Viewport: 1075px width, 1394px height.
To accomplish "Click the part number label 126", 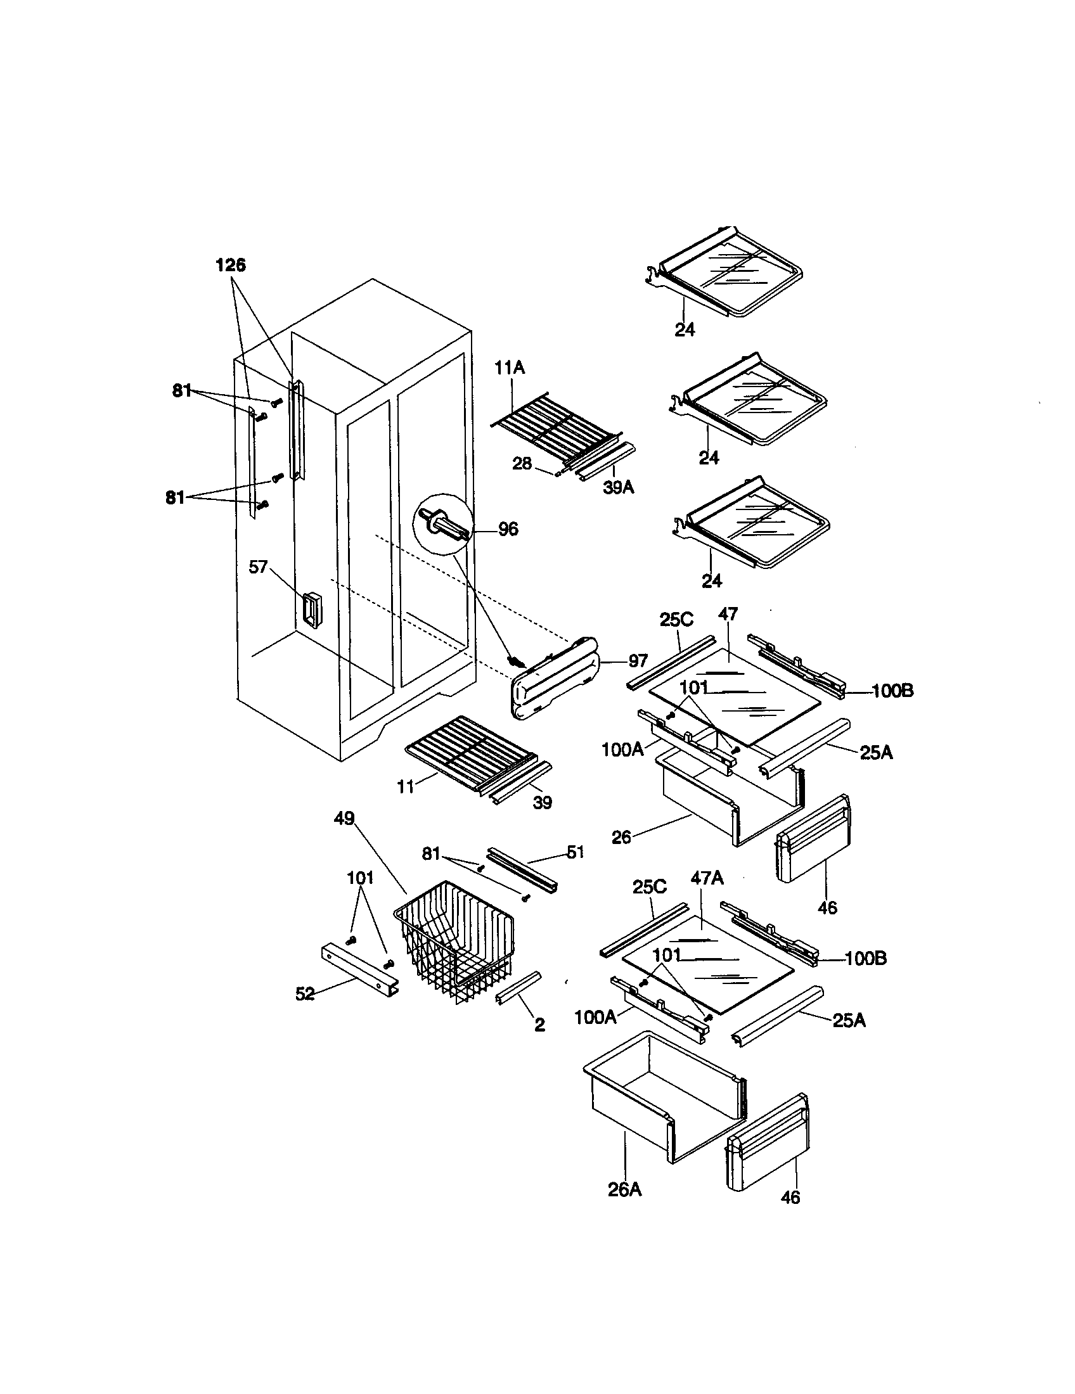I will [x=231, y=265].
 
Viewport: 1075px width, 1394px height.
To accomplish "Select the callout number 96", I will [x=508, y=528].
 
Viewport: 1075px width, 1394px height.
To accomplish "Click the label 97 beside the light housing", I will [x=638, y=661].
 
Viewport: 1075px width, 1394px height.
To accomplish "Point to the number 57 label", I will [x=258, y=567].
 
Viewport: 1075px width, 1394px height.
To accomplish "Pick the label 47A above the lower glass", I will [x=707, y=878].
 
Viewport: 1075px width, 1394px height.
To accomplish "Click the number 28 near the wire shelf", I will [x=522, y=463].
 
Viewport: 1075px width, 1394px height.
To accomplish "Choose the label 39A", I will [x=619, y=488].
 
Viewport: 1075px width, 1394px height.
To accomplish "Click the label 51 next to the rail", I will [x=576, y=852].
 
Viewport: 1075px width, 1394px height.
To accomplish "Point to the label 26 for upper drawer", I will [x=621, y=837].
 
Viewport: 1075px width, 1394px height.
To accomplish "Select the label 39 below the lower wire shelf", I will [x=542, y=803].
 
